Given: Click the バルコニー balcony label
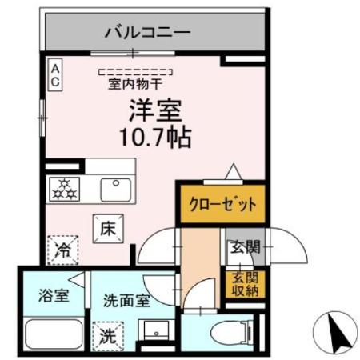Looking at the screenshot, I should point(147,33).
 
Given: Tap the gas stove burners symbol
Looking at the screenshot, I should point(64,190).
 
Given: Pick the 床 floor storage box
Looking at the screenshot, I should point(109,228).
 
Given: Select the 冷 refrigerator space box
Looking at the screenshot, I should point(62,249).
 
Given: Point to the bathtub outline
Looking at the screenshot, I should point(51,333).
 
